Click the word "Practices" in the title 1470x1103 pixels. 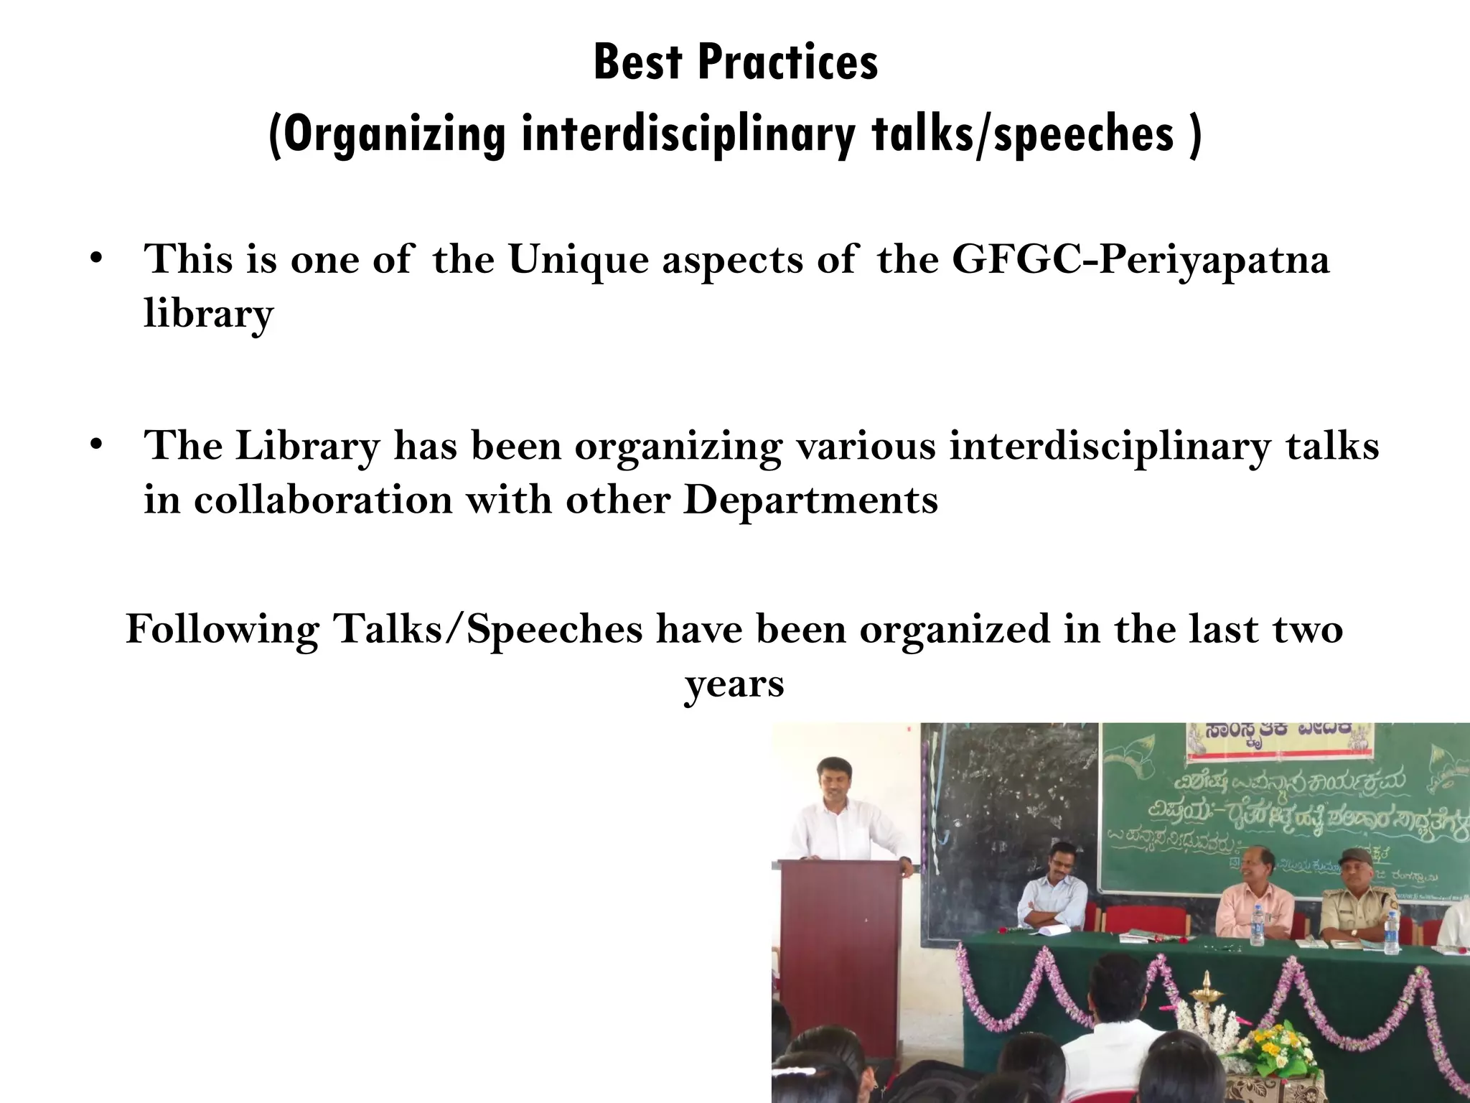click(x=787, y=63)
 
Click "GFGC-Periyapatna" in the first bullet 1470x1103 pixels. click(x=1141, y=259)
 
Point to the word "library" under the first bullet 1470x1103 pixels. click(x=208, y=314)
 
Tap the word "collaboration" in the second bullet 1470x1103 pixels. click(x=323, y=500)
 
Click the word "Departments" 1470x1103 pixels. click(x=810, y=500)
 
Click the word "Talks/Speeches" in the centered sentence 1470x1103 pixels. click(x=487, y=629)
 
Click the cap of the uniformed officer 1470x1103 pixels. click(x=1354, y=857)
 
